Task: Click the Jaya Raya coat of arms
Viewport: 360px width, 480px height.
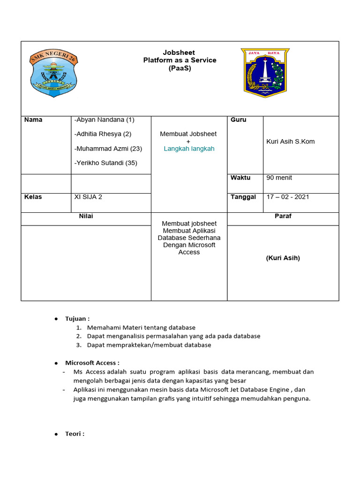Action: point(265,73)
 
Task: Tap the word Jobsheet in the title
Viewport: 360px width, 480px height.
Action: point(179,52)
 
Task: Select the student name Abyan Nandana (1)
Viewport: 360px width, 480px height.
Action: point(104,120)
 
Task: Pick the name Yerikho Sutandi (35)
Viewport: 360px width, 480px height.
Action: point(106,163)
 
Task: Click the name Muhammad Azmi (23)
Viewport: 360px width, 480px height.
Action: point(108,149)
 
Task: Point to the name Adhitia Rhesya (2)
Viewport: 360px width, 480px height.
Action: point(103,134)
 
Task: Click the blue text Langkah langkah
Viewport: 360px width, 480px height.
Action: point(189,149)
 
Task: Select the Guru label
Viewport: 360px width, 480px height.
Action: point(238,120)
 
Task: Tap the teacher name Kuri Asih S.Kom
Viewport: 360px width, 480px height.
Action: point(290,142)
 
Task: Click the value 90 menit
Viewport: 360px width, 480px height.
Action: point(279,178)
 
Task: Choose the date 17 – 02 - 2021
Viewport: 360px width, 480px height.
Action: point(287,197)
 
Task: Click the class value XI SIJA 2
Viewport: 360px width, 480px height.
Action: point(88,197)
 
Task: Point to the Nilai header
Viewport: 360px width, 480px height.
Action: point(86,216)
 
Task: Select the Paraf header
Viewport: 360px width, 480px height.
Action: point(283,216)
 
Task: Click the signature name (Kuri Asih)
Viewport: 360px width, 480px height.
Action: point(283,258)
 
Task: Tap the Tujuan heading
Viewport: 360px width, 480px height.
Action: point(77,319)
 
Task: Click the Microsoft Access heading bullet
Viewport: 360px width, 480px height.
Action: point(56,363)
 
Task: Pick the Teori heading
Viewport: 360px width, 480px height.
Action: point(75,434)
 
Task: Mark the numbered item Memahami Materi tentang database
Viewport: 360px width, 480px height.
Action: point(141,328)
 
